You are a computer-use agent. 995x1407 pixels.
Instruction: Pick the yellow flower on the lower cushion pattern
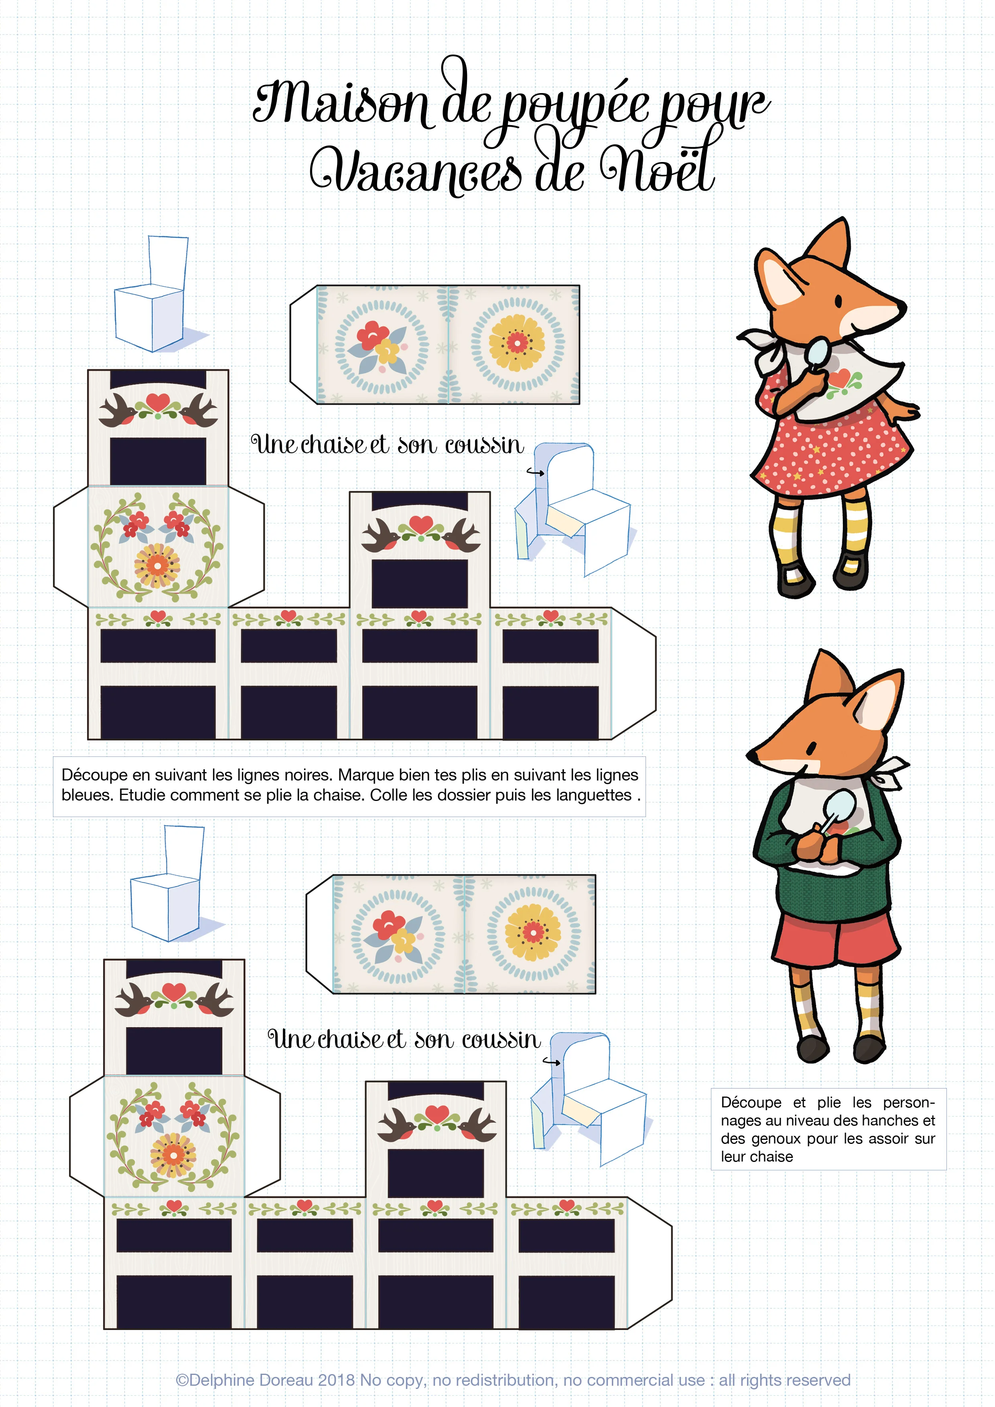pyautogui.click(x=533, y=933)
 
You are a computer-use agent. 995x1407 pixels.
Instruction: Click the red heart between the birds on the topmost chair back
pyautogui.click(x=158, y=401)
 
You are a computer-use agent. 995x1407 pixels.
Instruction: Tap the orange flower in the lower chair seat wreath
pyautogui.click(x=173, y=1155)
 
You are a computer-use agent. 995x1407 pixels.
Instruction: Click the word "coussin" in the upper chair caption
pyautogui.click(x=484, y=445)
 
